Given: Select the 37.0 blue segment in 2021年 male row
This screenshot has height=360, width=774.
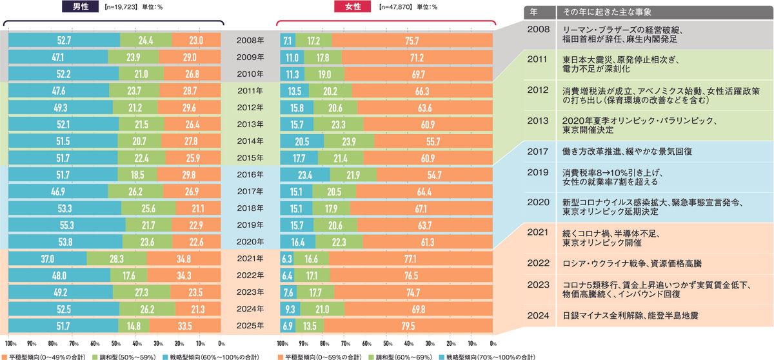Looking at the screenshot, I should [x=48, y=258].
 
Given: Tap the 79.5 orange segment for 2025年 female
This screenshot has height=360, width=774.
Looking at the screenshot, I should [x=408, y=325].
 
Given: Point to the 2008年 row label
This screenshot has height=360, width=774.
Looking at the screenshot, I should [x=251, y=40].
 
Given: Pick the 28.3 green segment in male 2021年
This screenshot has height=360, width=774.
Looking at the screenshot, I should [x=117, y=258].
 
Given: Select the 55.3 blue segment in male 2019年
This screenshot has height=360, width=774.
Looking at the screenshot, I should [x=67, y=225].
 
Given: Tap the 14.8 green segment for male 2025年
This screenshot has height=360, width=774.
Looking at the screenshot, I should [x=134, y=325].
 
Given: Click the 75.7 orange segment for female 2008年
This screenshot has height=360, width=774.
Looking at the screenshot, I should [x=412, y=40].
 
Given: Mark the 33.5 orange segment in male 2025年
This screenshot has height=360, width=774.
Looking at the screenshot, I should [x=186, y=325].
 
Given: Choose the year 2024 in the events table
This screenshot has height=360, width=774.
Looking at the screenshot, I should [x=538, y=315].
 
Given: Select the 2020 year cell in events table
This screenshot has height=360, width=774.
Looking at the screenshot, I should [x=538, y=202].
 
